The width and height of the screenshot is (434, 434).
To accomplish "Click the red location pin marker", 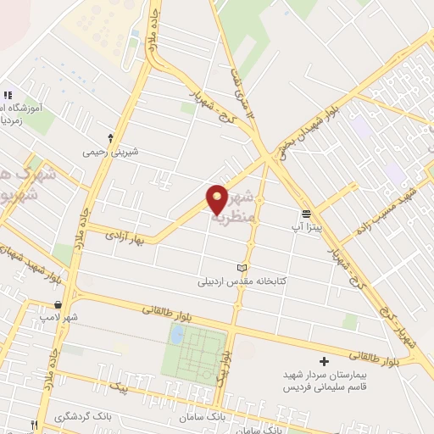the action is [217, 199].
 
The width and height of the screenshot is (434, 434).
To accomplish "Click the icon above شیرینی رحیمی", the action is [110, 137].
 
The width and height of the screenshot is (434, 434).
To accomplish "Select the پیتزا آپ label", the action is [308, 226].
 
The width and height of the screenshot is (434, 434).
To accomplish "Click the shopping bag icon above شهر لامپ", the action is [57, 304].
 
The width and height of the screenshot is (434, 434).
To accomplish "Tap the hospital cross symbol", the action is [323, 362].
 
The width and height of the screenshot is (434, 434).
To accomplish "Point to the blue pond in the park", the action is [177, 334].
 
